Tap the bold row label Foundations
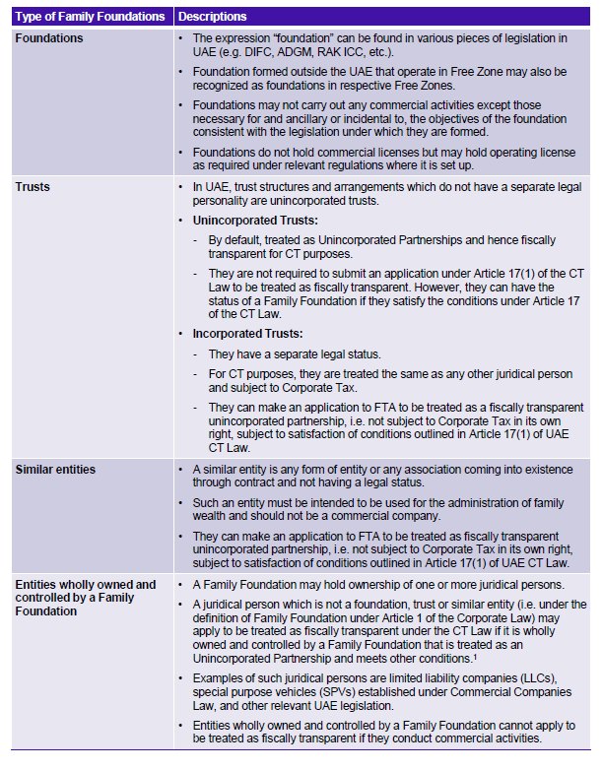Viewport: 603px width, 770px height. (x=49, y=38)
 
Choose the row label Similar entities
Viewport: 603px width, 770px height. (x=55, y=470)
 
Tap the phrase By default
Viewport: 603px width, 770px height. (x=231, y=241)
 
